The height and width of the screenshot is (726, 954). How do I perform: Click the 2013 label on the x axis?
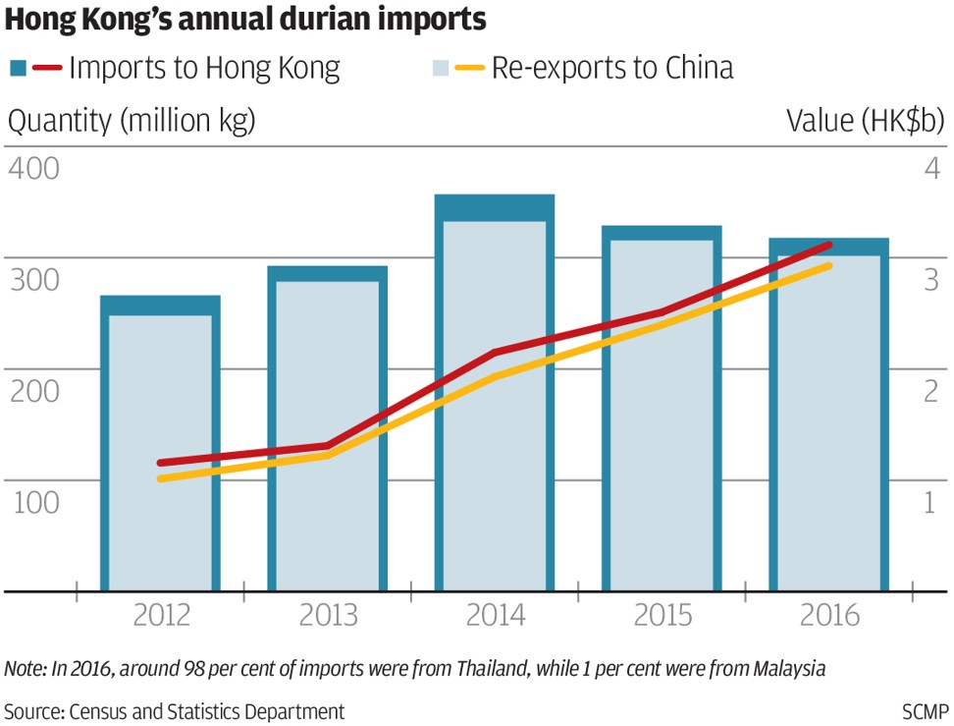[329, 616]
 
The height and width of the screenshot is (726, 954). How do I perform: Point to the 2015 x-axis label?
[662, 616]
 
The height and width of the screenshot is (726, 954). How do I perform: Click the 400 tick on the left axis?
[33, 167]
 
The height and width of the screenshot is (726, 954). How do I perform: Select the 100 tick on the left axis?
[33, 501]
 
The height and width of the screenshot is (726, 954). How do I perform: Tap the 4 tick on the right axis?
[931, 167]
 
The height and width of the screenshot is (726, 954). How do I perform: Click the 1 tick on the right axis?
[931, 501]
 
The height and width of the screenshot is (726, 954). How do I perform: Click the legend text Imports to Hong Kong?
[205, 68]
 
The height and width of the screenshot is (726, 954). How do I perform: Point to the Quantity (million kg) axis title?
[132, 121]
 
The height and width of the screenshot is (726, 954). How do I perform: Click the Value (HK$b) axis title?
[866, 121]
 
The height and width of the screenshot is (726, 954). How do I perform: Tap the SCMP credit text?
[925, 710]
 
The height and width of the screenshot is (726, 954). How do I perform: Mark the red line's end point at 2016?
[830, 245]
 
